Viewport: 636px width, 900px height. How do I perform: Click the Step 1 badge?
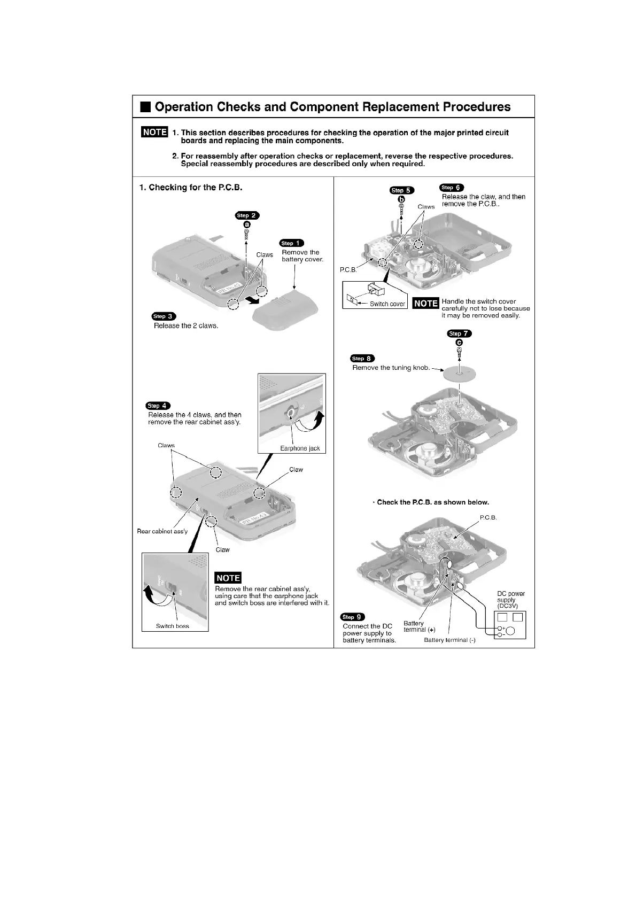point(292,243)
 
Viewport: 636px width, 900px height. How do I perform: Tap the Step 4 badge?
point(158,406)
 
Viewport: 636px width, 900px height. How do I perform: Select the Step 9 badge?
point(353,617)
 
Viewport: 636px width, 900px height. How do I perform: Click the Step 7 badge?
point(460,333)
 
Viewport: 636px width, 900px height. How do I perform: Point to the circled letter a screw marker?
point(247,224)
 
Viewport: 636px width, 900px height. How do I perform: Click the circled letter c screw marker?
point(459,343)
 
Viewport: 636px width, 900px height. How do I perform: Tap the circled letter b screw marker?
point(401,199)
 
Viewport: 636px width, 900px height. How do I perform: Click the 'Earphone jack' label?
point(300,448)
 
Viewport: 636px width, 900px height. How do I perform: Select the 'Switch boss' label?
point(172,626)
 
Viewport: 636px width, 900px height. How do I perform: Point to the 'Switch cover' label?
point(387,304)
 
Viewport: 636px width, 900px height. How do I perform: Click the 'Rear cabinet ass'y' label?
point(162,531)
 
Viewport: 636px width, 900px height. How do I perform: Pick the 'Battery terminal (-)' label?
point(449,640)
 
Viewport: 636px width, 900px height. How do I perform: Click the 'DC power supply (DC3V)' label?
point(511,600)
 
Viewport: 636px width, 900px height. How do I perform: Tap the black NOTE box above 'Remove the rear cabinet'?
point(228,578)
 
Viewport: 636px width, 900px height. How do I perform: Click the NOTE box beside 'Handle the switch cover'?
point(426,304)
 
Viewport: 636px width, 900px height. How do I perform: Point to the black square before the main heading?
point(146,107)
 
